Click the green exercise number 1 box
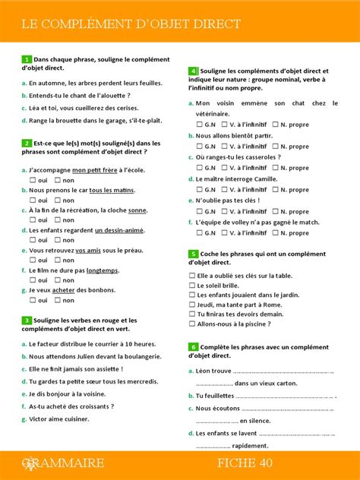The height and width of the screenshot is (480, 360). [x=27, y=59]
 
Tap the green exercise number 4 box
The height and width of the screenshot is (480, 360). [x=193, y=70]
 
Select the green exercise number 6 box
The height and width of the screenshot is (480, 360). [x=193, y=346]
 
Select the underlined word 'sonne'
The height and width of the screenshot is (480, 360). [x=137, y=210]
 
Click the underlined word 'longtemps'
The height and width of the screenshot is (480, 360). [x=103, y=270]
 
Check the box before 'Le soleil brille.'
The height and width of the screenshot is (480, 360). [x=192, y=285]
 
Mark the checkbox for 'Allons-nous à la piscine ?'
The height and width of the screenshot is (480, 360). [x=192, y=324]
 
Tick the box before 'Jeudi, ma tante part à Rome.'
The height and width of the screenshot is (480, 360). [x=192, y=305]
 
